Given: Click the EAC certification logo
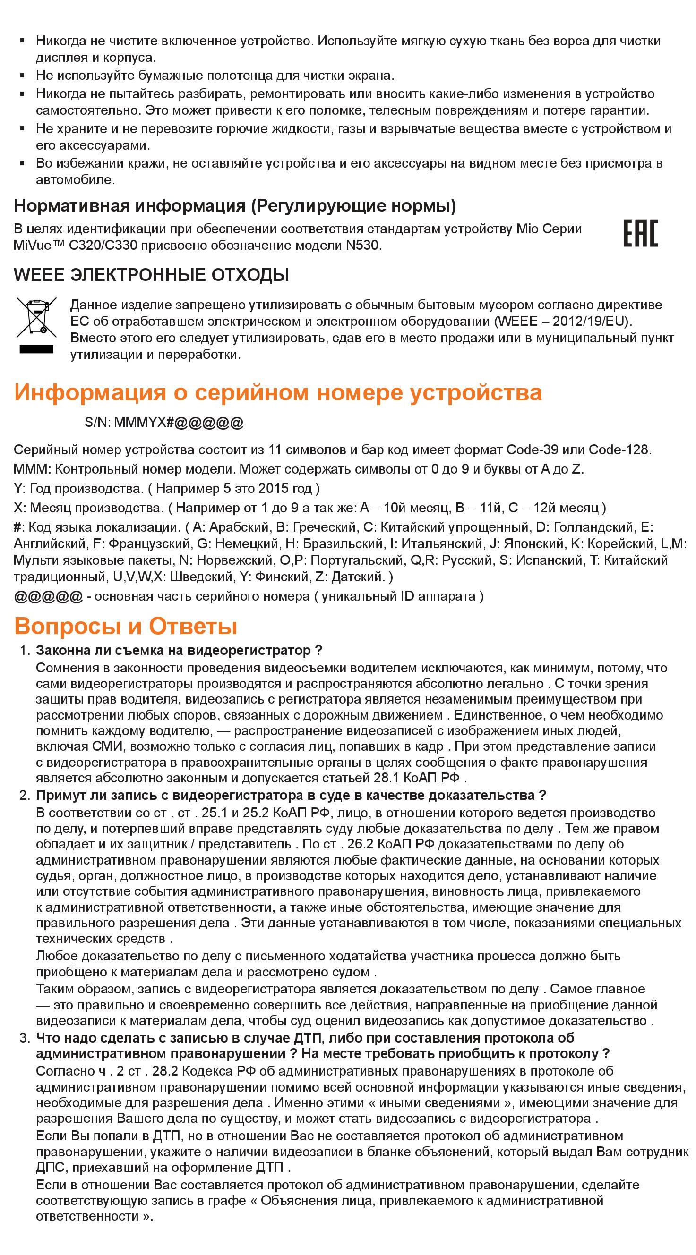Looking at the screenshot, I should (x=640, y=233).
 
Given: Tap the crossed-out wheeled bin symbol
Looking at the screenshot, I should (x=36, y=317).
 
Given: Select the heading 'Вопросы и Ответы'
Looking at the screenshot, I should (x=126, y=627).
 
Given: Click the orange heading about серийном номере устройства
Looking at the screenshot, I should (x=278, y=393).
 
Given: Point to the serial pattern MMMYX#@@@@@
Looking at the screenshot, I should (x=179, y=423).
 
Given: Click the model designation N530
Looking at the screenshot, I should (x=362, y=245).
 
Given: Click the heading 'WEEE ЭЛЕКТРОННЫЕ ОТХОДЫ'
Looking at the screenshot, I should (x=152, y=275).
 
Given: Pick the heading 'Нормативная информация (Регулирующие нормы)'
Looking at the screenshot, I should (x=235, y=206).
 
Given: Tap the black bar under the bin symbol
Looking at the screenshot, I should (x=36, y=349).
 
